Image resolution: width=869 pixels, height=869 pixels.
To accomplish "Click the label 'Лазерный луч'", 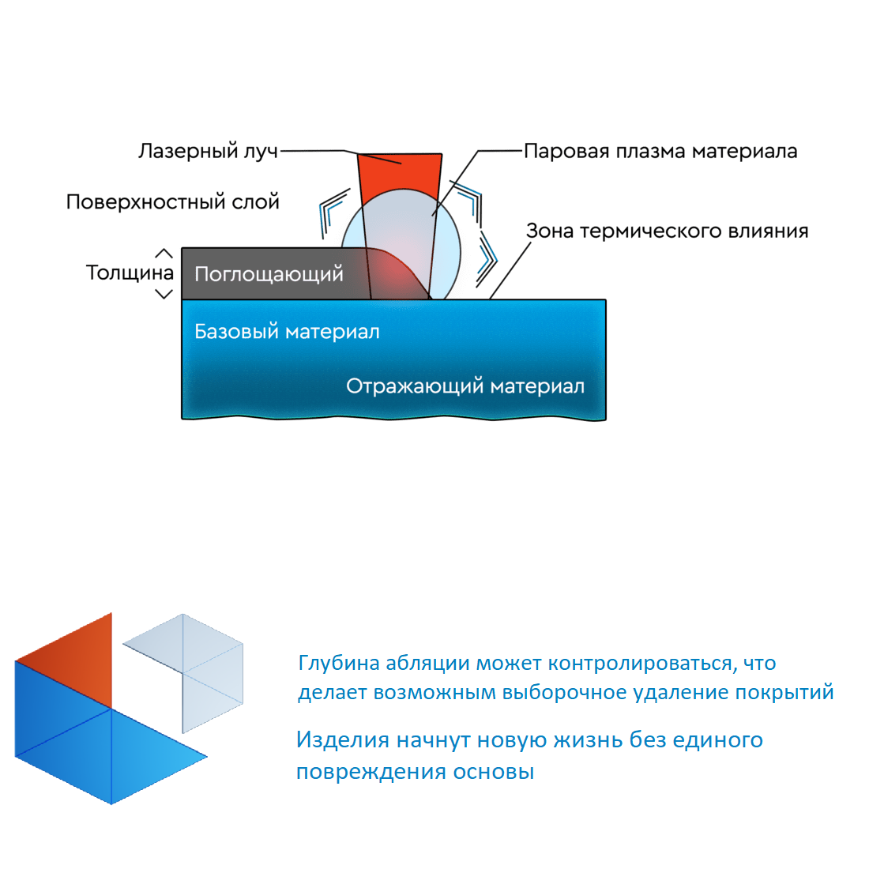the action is click(208, 152).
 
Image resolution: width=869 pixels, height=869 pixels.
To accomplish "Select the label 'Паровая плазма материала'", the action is click(660, 151).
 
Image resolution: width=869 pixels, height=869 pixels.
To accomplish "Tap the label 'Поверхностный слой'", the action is click(173, 201).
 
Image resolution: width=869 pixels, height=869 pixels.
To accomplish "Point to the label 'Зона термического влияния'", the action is click(668, 231).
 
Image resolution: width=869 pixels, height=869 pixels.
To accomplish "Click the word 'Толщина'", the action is click(130, 273).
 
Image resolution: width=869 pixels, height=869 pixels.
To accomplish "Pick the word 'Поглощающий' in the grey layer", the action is click(269, 274).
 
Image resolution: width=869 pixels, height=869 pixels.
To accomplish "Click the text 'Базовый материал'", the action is click(287, 332).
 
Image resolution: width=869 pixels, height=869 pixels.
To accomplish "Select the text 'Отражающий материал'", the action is click(465, 386).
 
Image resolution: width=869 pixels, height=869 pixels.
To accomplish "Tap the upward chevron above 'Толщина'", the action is click(164, 254).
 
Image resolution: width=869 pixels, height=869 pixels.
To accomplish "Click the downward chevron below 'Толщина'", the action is click(164, 294).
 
